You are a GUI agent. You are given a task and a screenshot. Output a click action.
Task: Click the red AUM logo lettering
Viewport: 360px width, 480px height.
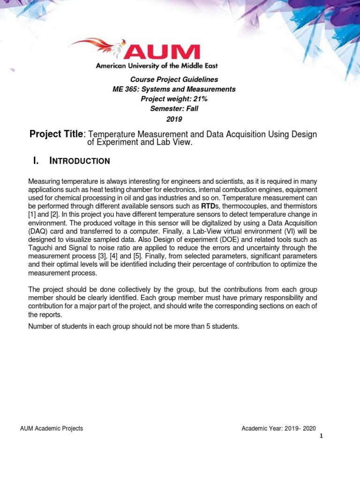162,52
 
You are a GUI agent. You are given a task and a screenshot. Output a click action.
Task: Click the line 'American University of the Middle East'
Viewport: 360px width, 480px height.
157,66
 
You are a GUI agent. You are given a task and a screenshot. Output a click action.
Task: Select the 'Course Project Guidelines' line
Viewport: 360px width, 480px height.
174,80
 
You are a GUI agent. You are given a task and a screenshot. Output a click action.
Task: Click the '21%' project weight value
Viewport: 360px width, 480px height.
198,99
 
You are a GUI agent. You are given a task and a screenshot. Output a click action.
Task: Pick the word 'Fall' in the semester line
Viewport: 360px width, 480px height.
191,109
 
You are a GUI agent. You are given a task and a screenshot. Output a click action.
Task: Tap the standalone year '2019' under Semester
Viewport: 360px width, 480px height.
174,119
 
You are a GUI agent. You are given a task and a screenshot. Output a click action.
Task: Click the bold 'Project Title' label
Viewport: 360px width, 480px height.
56,135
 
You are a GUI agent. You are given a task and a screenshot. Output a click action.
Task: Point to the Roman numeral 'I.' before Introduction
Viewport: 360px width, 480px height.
35,161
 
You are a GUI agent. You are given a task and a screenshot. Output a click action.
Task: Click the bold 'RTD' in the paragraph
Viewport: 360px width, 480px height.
208,206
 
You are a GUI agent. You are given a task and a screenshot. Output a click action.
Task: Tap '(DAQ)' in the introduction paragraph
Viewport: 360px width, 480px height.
37,231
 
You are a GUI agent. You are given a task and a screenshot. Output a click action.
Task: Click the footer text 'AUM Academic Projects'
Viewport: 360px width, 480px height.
52,428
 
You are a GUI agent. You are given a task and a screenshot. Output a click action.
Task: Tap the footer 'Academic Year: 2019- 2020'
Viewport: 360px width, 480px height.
278,428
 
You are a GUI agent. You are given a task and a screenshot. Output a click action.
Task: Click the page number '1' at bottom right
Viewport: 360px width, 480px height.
321,436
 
